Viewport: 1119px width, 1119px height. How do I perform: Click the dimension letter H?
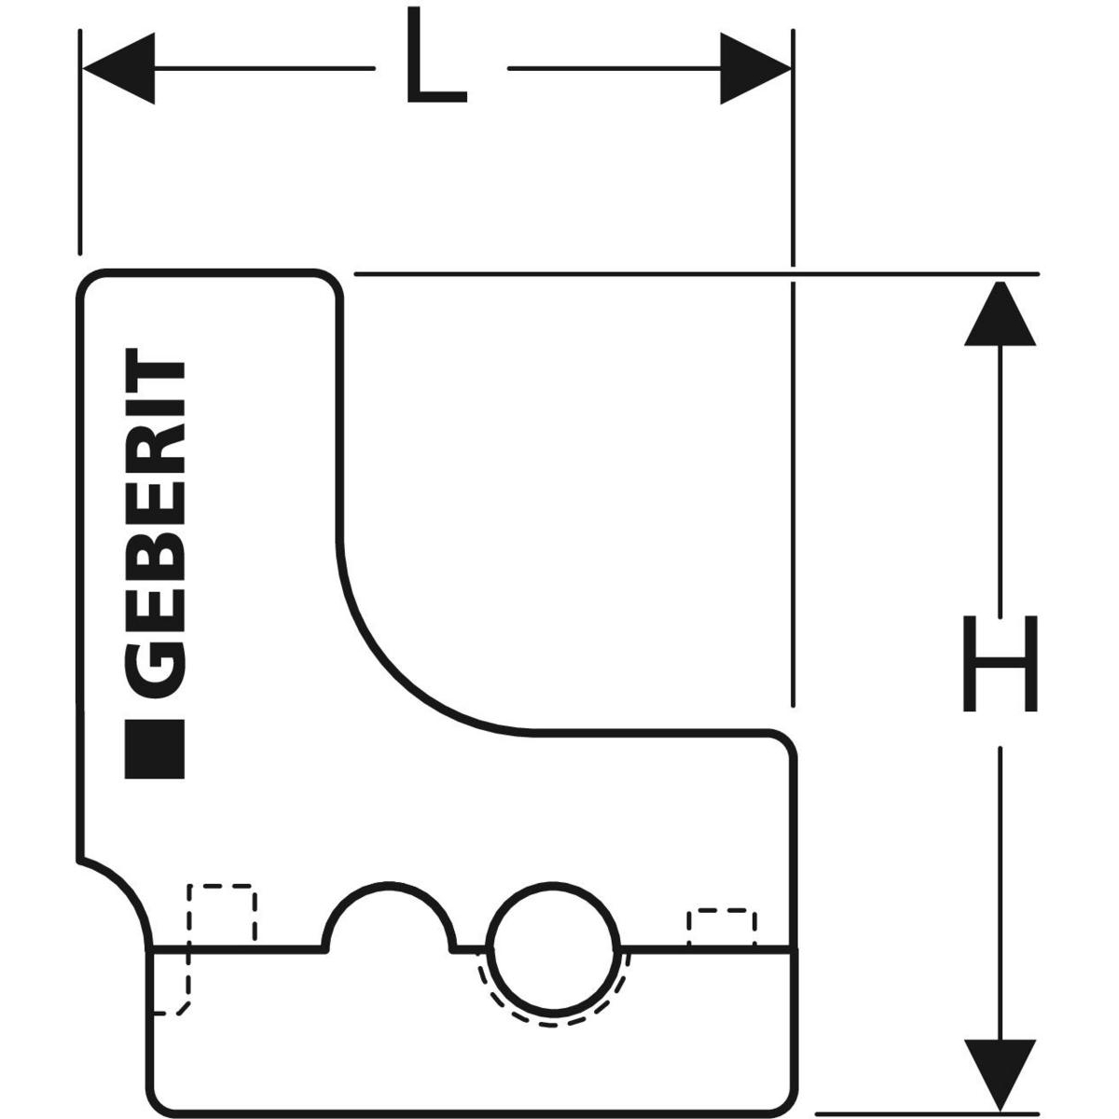pyautogui.click(x=1000, y=663)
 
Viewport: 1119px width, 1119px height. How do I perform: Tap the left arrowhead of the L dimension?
pyautogui.click(x=118, y=68)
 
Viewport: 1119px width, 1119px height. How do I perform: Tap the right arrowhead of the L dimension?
pyautogui.click(x=755, y=68)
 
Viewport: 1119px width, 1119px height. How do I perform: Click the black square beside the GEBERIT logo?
pyautogui.click(x=155, y=749)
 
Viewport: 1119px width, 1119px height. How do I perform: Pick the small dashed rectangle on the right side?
pyautogui.click(x=721, y=927)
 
